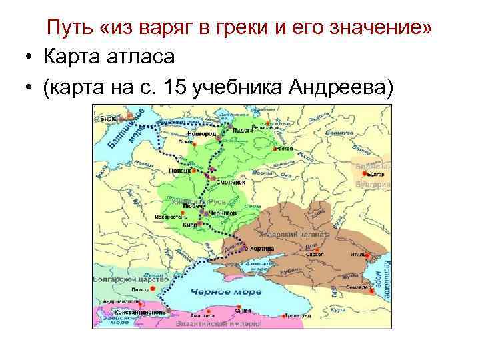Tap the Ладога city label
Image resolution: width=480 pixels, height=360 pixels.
click(243, 131)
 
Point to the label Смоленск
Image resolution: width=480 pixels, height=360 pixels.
click(231, 181)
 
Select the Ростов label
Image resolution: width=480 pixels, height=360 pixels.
click(284, 148)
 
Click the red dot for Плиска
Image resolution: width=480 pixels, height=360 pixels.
click(155, 289)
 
